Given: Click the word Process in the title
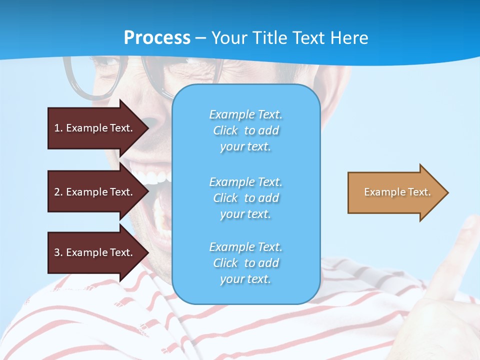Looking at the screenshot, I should (157, 38).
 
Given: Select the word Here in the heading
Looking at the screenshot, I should (348, 38).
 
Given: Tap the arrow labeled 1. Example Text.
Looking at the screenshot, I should (95, 128).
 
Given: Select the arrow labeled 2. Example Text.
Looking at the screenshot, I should (95, 192).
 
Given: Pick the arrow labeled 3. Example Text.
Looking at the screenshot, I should (95, 252).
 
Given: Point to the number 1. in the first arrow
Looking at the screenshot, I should (58, 128).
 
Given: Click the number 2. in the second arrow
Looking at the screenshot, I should (58, 192).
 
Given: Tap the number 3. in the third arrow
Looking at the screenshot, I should (58, 252).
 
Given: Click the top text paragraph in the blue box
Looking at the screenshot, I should (245, 130).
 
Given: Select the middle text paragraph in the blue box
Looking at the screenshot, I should (245, 198).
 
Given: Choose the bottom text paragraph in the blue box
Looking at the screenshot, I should (245, 263).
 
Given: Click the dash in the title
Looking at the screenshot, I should (201, 38).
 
